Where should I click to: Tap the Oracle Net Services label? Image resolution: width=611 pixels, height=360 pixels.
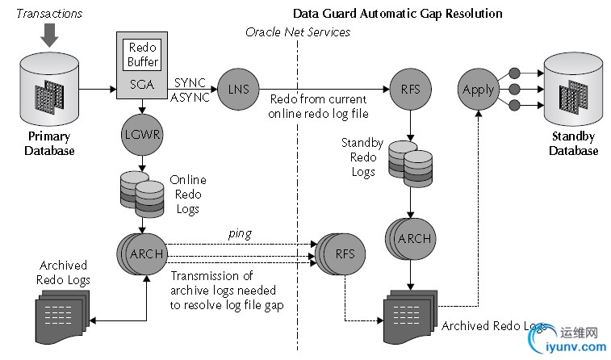coord(298,31)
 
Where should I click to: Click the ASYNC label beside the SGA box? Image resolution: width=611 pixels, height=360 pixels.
coord(190,98)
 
